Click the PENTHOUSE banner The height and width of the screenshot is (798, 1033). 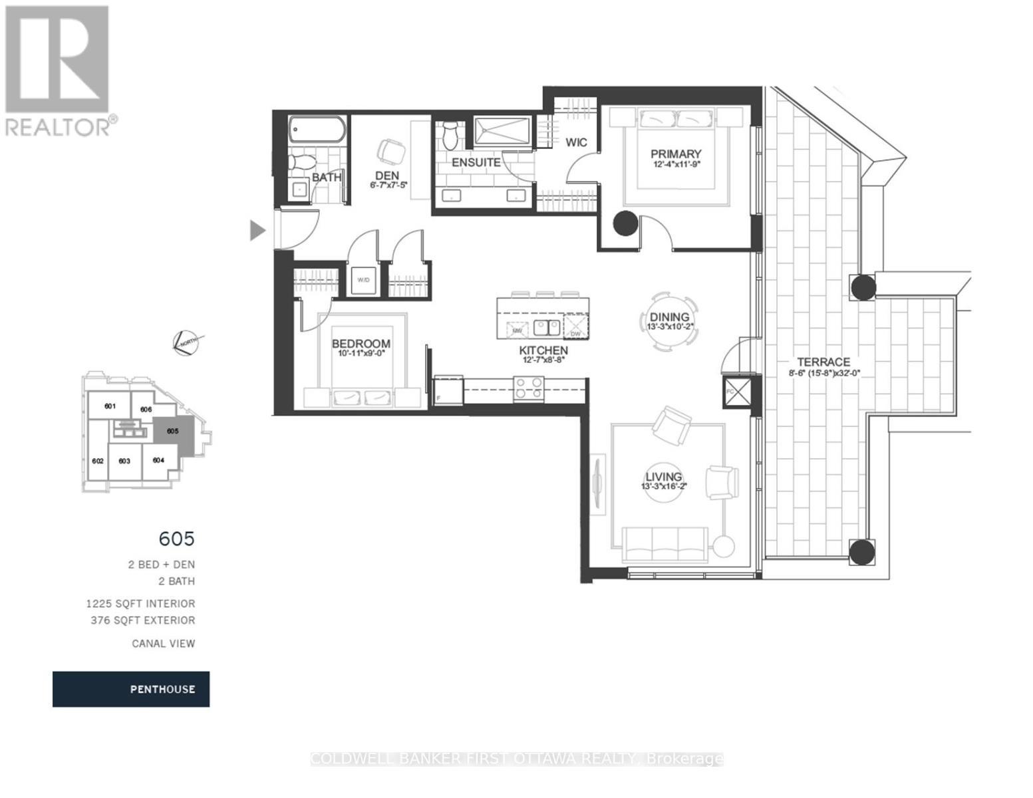click(x=131, y=689)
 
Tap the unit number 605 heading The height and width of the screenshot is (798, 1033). click(x=176, y=537)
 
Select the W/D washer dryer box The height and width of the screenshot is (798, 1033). click(x=363, y=280)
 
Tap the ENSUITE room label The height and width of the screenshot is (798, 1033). click(x=476, y=162)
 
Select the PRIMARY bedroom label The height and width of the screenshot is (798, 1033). click(x=676, y=154)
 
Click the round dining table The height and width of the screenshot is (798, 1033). click(x=670, y=322)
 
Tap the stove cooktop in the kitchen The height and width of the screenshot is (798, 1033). click(x=529, y=388)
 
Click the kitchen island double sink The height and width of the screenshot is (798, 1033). click(x=547, y=328)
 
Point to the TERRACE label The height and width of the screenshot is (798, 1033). click(x=823, y=362)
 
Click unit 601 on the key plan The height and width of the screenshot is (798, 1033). click(x=110, y=406)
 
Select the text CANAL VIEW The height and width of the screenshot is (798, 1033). click(x=163, y=643)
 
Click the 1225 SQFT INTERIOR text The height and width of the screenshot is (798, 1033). click(x=140, y=604)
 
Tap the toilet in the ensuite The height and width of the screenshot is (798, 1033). click(x=451, y=135)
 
